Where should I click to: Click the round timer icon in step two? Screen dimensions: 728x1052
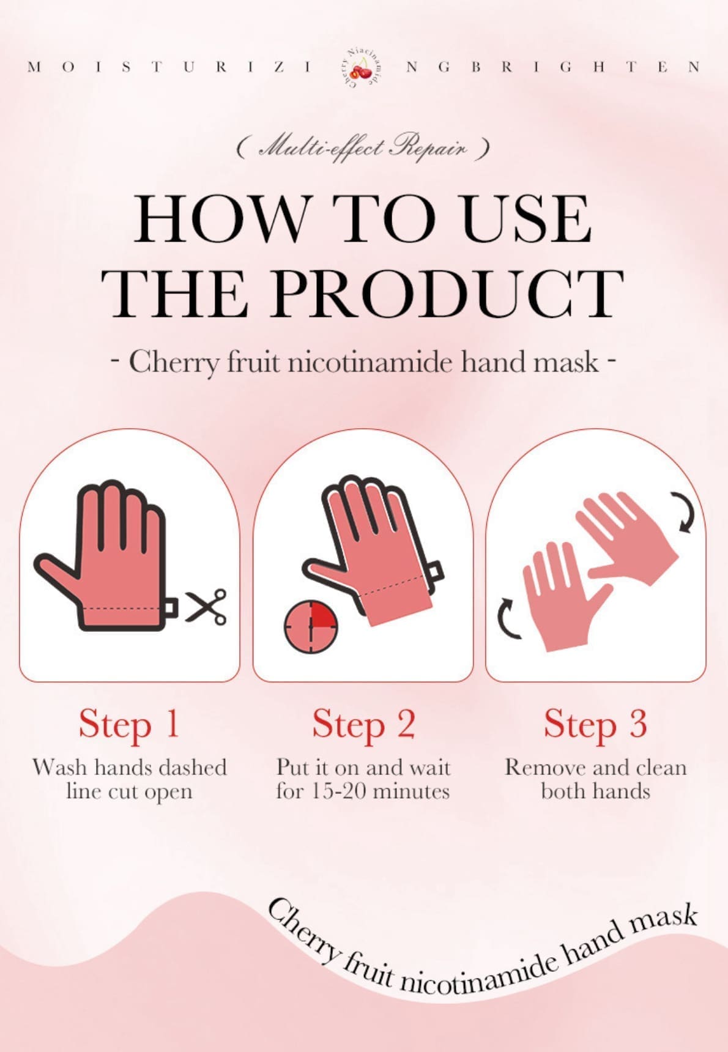(x=311, y=627)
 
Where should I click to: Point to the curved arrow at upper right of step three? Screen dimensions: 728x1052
(x=687, y=512)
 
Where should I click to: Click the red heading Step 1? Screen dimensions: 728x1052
(x=129, y=724)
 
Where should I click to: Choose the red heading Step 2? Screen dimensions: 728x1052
(x=363, y=724)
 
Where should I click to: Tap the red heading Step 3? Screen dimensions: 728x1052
(x=595, y=724)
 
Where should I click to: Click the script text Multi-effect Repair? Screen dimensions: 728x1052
(x=363, y=148)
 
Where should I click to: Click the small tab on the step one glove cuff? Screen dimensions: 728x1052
(x=171, y=607)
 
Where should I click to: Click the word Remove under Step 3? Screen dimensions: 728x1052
(x=538, y=767)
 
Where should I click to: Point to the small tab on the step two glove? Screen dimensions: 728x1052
(x=436, y=571)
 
